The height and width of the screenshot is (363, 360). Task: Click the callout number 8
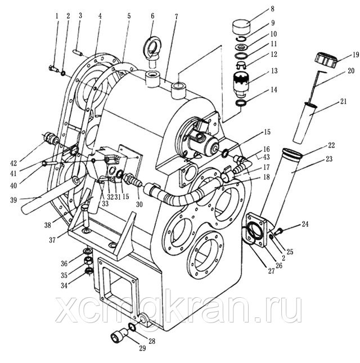(x=272, y=9)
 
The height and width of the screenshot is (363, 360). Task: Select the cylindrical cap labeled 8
(x=241, y=27)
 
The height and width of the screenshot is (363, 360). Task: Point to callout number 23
(x=328, y=159)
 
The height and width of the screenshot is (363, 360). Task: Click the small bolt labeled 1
(x=54, y=68)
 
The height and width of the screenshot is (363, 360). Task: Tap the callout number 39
(x=13, y=200)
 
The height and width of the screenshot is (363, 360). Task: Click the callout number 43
(x=266, y=157)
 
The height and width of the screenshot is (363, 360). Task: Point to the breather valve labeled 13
(x=241, y=84)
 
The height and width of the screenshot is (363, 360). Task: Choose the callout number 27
(x=271, y=271)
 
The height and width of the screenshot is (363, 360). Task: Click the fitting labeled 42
(x=51, y=138)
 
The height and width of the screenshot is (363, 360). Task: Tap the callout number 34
(x=64, y=285)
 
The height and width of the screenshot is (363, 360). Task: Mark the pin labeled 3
(x=77, y=52)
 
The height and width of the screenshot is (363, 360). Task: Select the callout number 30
(x=139, y=204)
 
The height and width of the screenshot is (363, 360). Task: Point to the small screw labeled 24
(x=278, y=231)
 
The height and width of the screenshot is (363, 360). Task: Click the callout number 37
(x=52, y=240)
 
